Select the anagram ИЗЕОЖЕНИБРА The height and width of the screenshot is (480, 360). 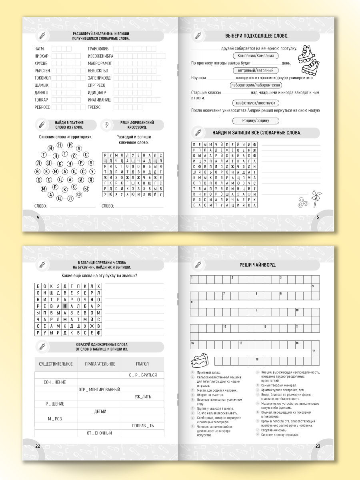100,56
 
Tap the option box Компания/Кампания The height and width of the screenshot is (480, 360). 256,56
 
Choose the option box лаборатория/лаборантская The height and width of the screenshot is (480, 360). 256,85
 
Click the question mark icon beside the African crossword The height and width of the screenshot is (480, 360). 106,125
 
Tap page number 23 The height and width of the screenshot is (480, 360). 318,446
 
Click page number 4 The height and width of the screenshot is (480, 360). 38,217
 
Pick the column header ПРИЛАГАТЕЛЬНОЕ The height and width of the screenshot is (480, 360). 100,364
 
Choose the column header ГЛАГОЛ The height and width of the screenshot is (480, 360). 142,364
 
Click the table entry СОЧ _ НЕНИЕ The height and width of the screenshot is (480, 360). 55,382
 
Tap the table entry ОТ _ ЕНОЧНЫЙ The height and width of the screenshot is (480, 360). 99,433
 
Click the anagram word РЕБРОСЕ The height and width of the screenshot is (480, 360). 42,107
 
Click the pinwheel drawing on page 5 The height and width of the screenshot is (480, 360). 314,198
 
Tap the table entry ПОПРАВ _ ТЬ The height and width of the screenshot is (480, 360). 143,426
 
